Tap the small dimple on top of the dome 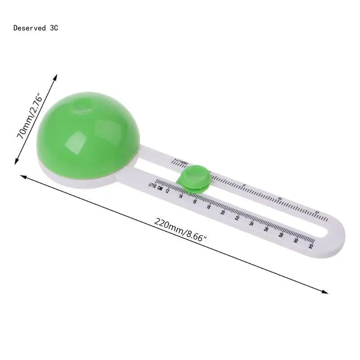(x=83, y=108)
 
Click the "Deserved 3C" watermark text (x=36, y=28)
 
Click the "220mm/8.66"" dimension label (x=180, y=229)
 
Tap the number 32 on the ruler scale (x=310, y=246)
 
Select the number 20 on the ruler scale (x=223, y=212)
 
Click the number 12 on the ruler (x=167, y=191)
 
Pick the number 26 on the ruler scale (x=266, y=229)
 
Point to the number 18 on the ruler (x=209, y=207)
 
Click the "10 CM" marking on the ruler (x=155, y=186)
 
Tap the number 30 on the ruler (x=296, y=241)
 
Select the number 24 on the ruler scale (x=252, y=224)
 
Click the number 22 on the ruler (x=237, y=218)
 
